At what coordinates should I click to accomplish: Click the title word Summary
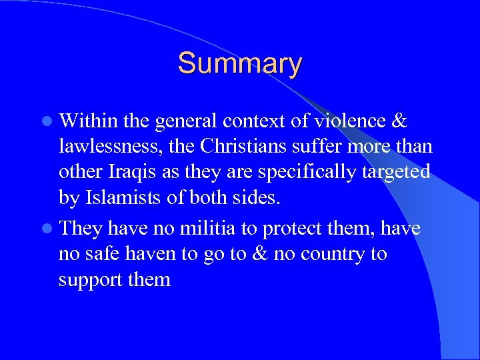(239, 63)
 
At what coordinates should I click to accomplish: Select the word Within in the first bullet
(87, 121)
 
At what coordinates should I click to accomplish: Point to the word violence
(359, 121)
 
